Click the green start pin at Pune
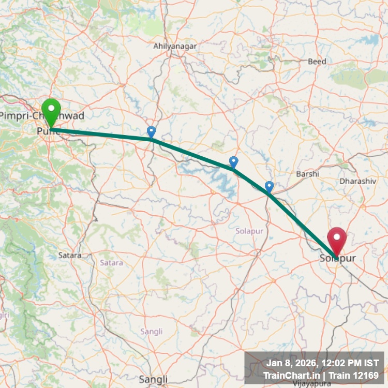tap(51, 110)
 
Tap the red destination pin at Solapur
tap(337, 240)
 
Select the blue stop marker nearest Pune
tap(151, 131)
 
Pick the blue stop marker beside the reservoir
tap(233, 162)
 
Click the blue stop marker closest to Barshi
tap(269, 186)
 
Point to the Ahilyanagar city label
tap(175, 47)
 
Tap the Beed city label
tap(317, 62)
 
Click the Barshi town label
tap(307, 174)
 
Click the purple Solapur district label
tap(248, 230)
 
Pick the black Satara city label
tap(70, 255)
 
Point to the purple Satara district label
tap(111, 263)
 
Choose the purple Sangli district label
tap(152, 331)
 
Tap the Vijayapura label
tap(311, 384)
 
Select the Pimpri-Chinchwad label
tap(41, 116)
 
